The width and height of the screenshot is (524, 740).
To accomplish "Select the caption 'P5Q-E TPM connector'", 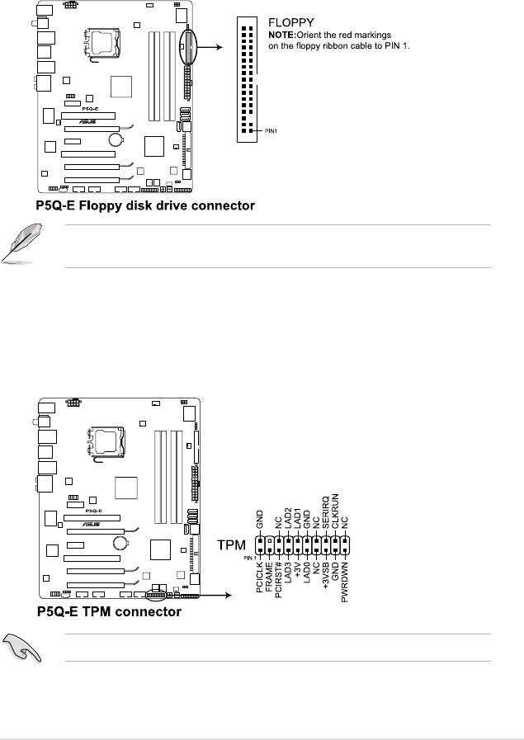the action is point(109,613).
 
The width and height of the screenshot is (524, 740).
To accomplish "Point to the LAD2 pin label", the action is point(288,522).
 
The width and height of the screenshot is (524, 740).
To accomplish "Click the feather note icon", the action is point(18,245).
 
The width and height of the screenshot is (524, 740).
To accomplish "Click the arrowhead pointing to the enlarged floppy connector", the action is point(219,47).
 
